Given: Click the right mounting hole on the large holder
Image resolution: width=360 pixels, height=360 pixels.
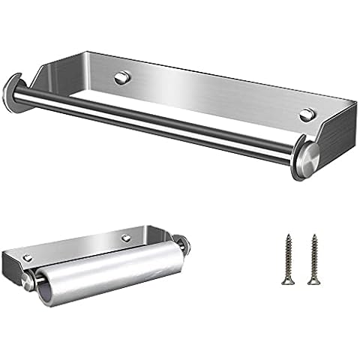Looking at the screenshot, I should click(x=306, y=114).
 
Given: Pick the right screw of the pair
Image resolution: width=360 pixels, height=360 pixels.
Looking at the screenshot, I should click(x=311, y=259).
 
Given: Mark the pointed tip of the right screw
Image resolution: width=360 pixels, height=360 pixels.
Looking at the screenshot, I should click(x=311, y=284).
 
